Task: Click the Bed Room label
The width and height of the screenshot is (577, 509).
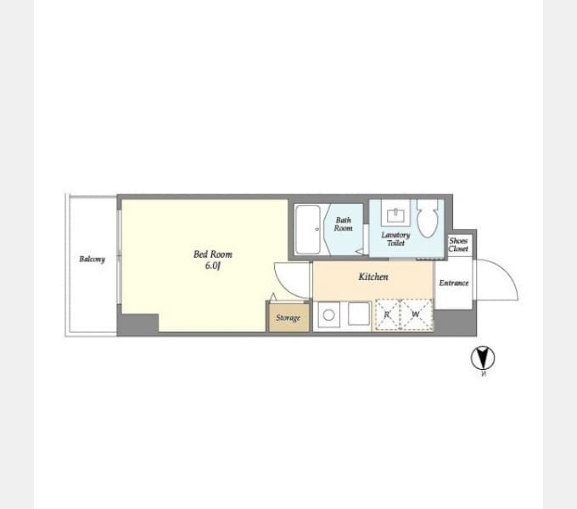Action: click(212, 255)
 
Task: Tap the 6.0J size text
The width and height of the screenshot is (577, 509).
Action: click(212, 266)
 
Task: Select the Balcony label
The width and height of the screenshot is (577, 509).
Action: click(92, 259)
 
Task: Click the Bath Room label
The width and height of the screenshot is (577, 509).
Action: click(343, 224)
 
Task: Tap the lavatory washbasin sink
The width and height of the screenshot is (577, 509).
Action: click(395, 213)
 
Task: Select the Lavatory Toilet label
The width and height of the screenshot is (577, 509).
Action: click(395, 239)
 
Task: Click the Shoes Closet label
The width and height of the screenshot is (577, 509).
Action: click(458, 244)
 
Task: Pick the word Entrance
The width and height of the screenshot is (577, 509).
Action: click(453, 282)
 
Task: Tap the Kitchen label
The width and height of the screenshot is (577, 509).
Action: click(373, 277)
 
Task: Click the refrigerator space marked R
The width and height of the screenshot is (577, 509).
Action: click(388, 315)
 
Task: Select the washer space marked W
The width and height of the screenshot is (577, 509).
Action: click(416, 315)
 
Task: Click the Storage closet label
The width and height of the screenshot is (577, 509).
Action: click(288, 318)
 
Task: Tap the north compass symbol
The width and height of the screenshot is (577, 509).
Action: click(483, 358)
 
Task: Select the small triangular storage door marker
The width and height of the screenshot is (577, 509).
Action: click(272, 297)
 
